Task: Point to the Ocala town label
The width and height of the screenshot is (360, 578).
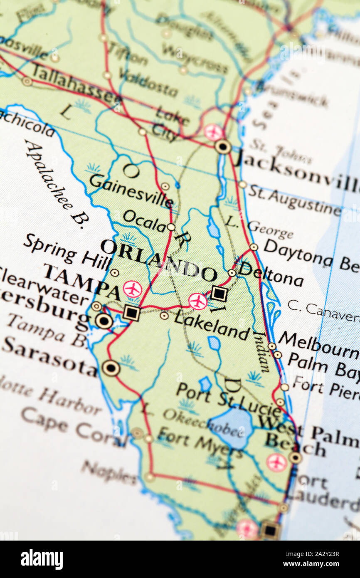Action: (x=144, y=221)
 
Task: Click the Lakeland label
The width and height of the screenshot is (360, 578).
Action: (x=212, y=325)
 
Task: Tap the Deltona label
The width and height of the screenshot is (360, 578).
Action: (x=271, y=274)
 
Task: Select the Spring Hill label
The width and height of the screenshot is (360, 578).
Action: (x=67, y=252)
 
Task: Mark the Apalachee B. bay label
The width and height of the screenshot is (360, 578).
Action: (x=54, y=183)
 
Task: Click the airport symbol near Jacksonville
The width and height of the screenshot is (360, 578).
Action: (x=213, y=132)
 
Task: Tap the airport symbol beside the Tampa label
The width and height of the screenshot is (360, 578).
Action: (x=133, y=289)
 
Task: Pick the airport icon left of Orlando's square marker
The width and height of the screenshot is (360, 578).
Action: (x=198, y=301)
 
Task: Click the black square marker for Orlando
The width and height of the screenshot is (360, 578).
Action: (x=219, y=294)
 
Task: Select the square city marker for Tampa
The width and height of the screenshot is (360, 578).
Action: (x=131, y=313)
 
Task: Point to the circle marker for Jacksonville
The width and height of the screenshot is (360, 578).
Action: (x=223, y=146)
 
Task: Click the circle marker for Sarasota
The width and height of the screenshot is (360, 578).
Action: (x=111, y=368)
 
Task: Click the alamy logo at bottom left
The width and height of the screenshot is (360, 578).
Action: (x=42, y=559)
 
